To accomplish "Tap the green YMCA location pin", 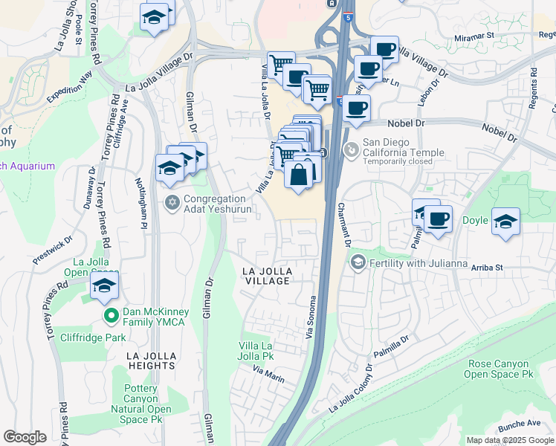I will [x=111, y=315].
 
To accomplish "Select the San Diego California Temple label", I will [x=403, y=148].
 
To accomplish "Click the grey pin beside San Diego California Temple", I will [x=351, y=149].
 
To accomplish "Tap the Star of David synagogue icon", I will [x=172, y=202].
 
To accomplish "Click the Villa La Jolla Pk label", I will [x=256, y=351].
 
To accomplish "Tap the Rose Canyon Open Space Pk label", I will [x=498, y=369].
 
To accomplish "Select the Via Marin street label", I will [x=268, y=375].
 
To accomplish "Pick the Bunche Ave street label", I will [x=520, y=423].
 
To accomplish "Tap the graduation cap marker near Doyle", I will [x=505, y=221].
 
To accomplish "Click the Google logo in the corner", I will [x=25, y=437].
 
